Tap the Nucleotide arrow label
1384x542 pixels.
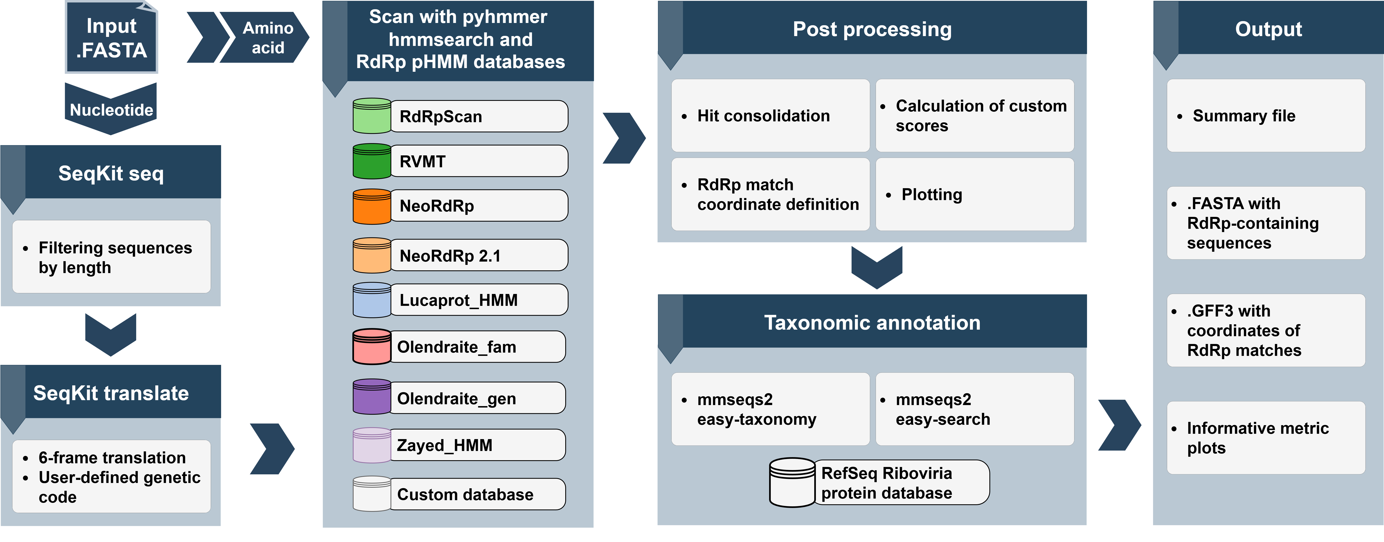pos(111,110)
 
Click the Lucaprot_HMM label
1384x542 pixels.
pos(478,300)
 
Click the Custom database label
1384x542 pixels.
pos(477,494)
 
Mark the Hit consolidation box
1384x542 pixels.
pos(770,115)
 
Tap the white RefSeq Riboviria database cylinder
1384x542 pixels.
pos(792,482)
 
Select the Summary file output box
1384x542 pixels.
pos(1266,115)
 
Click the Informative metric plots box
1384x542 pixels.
pos(1266,438)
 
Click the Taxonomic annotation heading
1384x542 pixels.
pos(872,322)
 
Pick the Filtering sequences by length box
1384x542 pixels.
pos(111,257)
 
